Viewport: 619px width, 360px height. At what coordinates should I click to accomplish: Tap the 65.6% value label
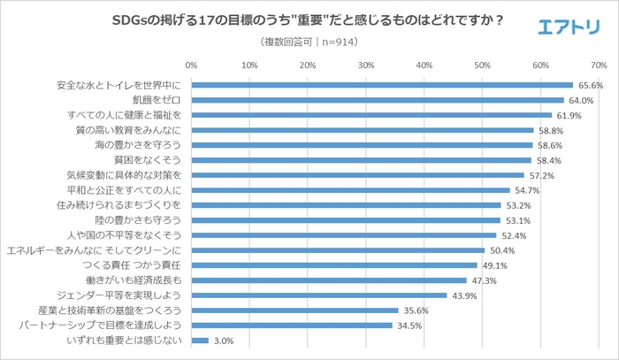[590, 86]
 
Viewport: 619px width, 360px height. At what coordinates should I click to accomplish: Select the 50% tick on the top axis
[482, 65]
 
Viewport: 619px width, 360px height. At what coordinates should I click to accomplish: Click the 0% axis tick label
[191, 65]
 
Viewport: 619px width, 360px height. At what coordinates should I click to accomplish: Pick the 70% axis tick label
[598, 65]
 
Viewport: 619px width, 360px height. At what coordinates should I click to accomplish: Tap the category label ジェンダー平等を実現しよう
[128, 295]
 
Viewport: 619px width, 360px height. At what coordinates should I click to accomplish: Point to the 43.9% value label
[464, 295]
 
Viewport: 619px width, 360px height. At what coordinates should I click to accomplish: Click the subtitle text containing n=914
[309, 42]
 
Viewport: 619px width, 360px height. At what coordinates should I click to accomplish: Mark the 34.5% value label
[409, 326]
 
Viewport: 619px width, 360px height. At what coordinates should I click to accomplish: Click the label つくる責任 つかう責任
[130, 265]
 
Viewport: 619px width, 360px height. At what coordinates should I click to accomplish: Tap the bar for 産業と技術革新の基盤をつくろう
[294, 310]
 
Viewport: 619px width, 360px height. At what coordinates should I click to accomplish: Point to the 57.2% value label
[541, 175]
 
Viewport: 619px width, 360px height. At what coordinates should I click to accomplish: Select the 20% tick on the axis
[307, 65]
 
